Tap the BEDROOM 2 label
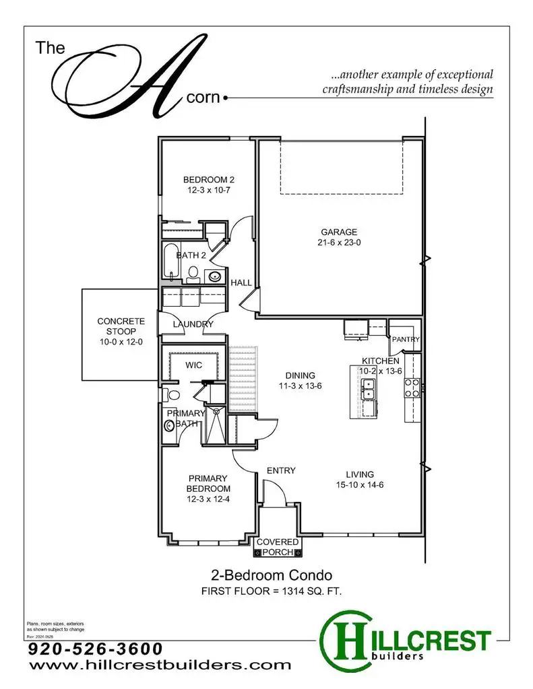[x=209, y=180]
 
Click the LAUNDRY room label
[x=193, y=324]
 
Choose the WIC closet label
[x=195, y=365]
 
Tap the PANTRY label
[x=406, y=340]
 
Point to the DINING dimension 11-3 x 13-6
[x=300, y=387]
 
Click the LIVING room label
[x=356, y=474]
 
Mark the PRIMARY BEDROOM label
[x=209, y=483]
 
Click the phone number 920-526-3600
[x=96, y=649]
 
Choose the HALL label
[x=241, y=283]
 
